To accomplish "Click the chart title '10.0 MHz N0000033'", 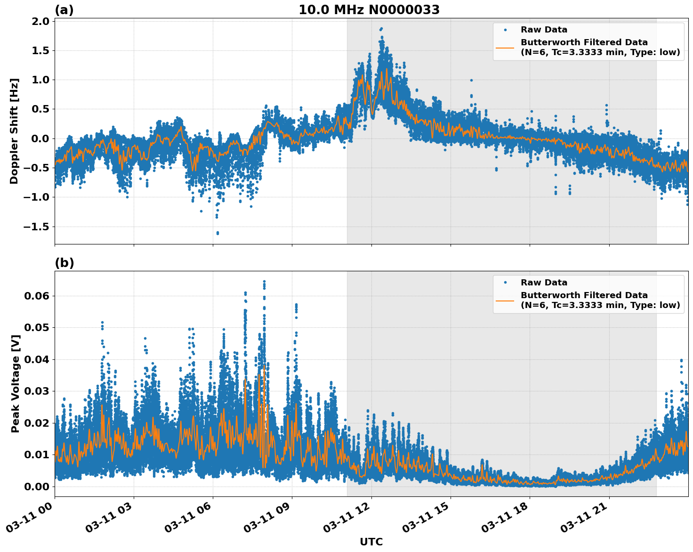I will pos(369,10).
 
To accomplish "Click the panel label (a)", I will pos(64,10).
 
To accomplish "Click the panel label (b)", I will pos(64,263).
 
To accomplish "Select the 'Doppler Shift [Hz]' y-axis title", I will pos(14,131).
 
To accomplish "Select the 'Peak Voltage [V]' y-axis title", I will pos(16,384).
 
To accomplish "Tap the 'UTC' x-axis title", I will pos(371,542).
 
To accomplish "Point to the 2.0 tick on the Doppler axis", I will pos(41,21).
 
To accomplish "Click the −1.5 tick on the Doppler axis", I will pos(37,227).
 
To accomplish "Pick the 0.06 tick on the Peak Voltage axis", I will pos(37,296).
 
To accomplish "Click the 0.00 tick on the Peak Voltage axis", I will pos(37,486).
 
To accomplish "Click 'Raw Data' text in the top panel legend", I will pos(544,30).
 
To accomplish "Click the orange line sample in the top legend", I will pos(505,48).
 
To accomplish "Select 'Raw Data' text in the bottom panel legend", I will pos(544,283).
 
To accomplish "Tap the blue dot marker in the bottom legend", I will pos(505,283).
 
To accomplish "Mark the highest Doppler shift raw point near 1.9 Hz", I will pos(381,29).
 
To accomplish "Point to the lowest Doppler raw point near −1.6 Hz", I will pos(218,233).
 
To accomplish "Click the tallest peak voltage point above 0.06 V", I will pos(264,282).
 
